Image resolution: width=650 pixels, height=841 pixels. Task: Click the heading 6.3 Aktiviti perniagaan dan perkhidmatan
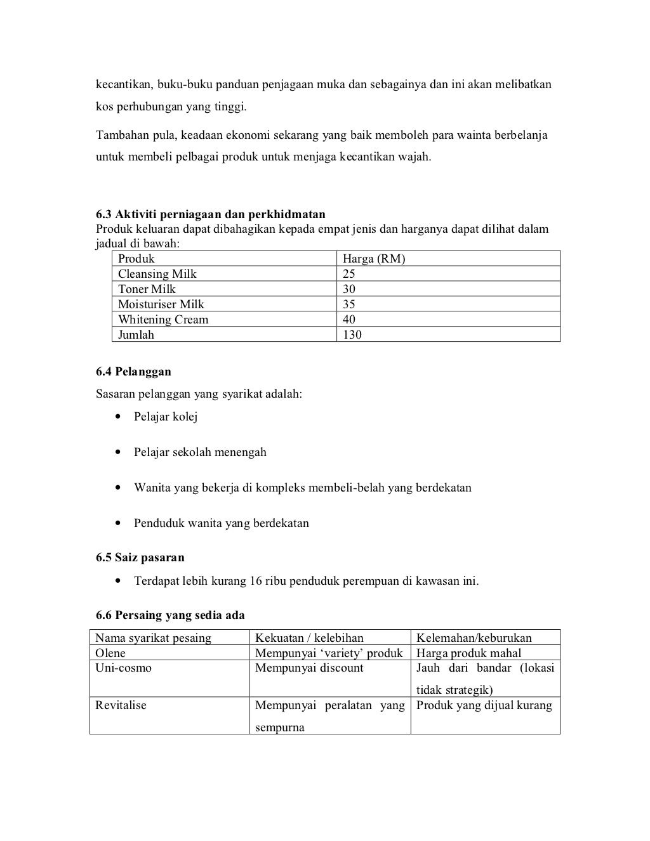tap(210, 214)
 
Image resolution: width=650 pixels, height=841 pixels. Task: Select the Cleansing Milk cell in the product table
tap(157, 274)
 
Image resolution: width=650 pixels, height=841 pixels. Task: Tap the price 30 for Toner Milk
tap(349, 289)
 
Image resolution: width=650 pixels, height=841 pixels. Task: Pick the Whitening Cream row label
tap(163, 320)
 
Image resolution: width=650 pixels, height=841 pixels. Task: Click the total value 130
tap(352, 335)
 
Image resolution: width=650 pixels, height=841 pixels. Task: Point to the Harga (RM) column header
tap(374, 259)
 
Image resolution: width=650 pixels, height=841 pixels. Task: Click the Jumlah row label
tap(136, 335)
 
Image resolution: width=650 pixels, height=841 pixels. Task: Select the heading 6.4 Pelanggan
tap(133, 372)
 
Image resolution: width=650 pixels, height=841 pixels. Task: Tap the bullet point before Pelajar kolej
tap(118, 417)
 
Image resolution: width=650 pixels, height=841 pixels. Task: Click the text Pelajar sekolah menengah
tap(200, 453)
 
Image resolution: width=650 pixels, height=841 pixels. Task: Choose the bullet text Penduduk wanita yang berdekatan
tap(221, 524)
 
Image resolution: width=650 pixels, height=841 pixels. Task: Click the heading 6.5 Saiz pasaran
tap(140, 558)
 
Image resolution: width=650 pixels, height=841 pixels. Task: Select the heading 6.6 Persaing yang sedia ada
tap(170, 615)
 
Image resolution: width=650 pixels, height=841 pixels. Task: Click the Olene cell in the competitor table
tap(110, 653)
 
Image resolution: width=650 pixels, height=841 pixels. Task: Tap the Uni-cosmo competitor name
tap(123, 668)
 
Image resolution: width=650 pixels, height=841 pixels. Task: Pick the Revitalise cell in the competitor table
tap(121, 706)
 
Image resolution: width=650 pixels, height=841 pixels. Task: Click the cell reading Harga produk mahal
tap(468, 653)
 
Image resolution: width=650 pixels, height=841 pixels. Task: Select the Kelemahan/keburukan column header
tap(474, 638)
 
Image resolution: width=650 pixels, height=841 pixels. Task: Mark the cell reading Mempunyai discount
tap(309, 668)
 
